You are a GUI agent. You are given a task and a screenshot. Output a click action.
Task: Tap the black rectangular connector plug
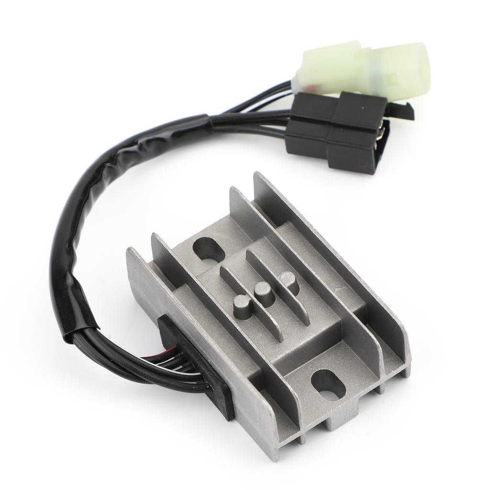[x=335, y=132]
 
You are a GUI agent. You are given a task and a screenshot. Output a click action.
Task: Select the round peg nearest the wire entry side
[x=243, y=304]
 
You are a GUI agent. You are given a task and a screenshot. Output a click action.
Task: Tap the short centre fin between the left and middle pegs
[x=249, y=287]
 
